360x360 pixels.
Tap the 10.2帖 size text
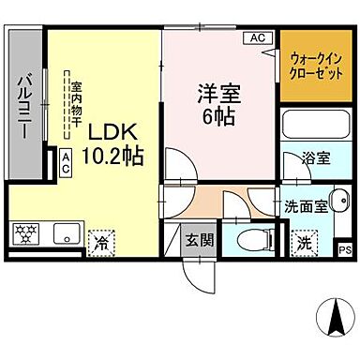coord(114,157)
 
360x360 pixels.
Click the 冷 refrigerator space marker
coord(101,241)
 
